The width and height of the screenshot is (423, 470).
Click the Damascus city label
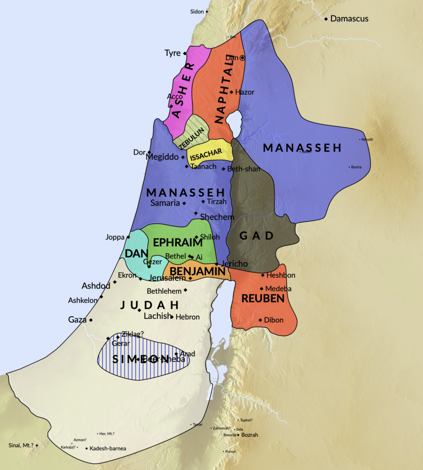[349, 19]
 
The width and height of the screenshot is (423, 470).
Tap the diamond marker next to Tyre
[185, 53]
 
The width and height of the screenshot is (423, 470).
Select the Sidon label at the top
[196, 11]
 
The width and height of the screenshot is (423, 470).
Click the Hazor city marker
[232, 92]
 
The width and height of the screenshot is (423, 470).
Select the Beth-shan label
[244, 169]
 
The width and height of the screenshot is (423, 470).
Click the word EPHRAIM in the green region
[178, 243]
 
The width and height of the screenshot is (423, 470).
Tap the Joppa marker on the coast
[128, 237]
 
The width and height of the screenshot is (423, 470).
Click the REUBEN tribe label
[263, 299]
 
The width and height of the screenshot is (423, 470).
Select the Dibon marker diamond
[260, 320]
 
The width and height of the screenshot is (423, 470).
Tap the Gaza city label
[77, 319]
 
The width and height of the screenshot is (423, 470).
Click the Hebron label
[188, 317]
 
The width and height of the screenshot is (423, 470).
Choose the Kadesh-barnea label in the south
[108, 448]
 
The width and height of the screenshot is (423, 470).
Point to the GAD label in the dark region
[256, 236]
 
